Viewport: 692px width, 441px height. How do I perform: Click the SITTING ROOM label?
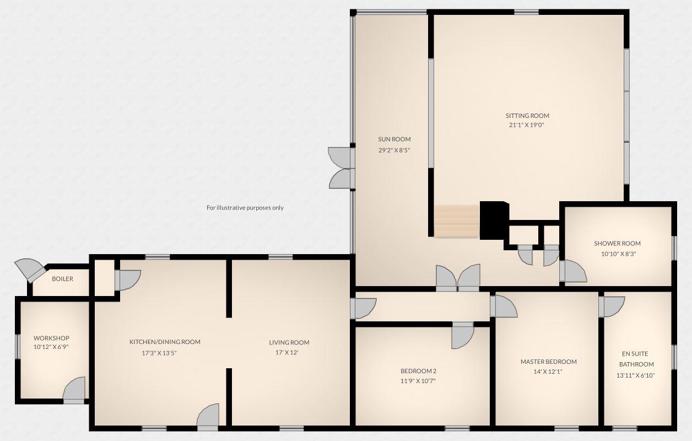[527, 116]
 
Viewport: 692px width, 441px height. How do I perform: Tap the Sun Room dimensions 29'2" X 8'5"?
[394, 150]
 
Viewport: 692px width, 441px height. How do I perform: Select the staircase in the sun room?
[457, 221]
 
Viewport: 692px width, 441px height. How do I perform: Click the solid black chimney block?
[493, 220]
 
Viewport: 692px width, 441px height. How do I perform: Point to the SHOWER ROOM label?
[617, 244]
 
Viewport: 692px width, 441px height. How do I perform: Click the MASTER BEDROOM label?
[548, 362]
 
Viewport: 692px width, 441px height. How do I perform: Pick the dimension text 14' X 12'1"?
[548, 372]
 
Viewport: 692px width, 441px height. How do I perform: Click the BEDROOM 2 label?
[418, 371]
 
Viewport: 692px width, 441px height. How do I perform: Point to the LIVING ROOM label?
[289, 342]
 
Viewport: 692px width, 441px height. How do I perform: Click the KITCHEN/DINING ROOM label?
[165, 342]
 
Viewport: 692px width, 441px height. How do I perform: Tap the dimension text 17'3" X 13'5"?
[159, 353]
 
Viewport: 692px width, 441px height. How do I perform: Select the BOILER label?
[62, 279]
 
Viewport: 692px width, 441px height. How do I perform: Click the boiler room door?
[31, 270]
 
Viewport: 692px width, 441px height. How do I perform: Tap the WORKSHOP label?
[51, 338]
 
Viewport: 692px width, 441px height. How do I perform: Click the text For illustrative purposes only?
[245, 208]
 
